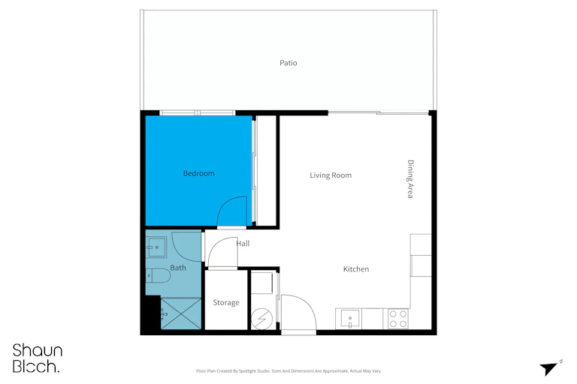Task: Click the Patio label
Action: tap(288, 63)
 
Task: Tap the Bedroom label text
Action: tap(198, 173)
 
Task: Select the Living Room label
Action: tap(331, 175)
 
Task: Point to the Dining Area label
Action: tap(410, 179)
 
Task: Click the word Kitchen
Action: tap(356, 269)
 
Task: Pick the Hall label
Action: tap(243, 243)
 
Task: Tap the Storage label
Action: tap(226, 302)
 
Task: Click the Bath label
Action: tap(178, 268)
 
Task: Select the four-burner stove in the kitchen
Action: tap(398, 319)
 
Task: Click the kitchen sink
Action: tap(350, 318)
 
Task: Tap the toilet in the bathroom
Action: tap(158, 275)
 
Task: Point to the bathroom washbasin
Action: tap(156, 247)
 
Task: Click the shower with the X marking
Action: tap(181, 313)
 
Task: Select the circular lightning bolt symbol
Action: tap(261, 319)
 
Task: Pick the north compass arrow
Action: tap(548, 368)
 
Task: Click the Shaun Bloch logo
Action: tap(38, 358)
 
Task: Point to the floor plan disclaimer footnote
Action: tap(288, 371)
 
